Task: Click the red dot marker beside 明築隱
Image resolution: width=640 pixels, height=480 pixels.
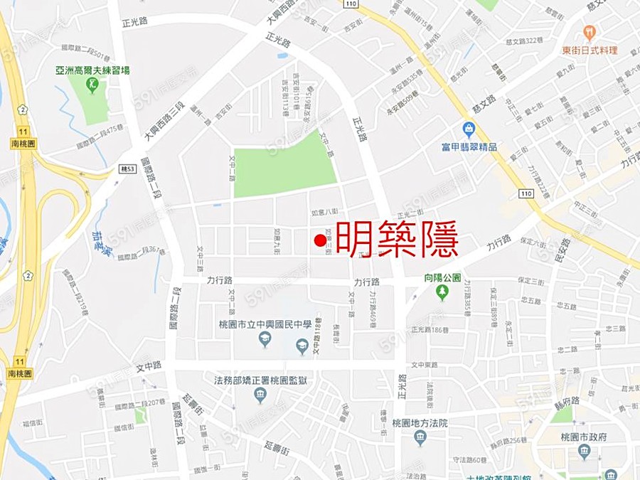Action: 320,241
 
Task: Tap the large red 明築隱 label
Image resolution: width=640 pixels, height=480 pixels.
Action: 397,240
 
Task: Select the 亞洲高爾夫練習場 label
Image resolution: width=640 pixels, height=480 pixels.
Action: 92,70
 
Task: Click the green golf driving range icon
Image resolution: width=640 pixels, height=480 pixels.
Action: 92,85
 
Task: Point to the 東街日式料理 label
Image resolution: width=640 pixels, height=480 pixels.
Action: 590,50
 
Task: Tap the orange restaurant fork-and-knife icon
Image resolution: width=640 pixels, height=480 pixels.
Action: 590,32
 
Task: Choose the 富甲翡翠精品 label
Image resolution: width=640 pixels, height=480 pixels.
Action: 469,147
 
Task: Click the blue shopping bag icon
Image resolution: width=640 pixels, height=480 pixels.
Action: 469,129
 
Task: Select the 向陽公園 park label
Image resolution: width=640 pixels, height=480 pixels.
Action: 444,277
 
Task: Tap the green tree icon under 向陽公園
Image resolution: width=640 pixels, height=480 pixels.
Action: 443,292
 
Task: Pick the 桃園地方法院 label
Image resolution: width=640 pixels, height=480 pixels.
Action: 420,422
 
